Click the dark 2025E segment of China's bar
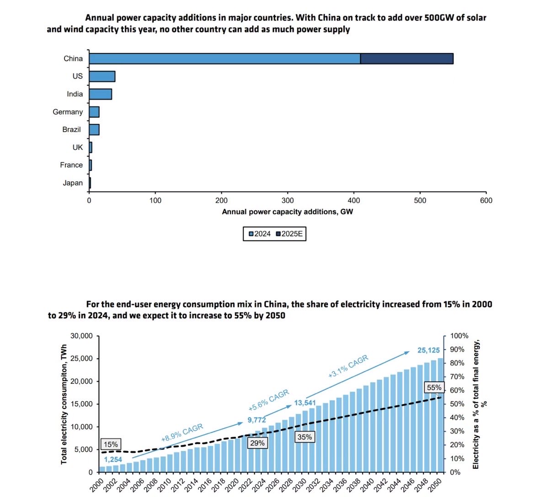(406, 58)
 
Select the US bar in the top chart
(102, 76)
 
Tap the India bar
(100, 94)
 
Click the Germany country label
(68, 112)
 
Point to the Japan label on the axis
(73, 183)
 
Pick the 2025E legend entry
(289, 234)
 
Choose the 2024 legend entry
(260, 234)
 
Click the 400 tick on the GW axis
(354, 201)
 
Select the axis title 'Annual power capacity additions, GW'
(287, 212)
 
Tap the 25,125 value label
(428, 350)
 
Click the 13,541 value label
(305, 403)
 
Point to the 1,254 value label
(113, 460)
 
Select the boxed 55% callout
(434, 388)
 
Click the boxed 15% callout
(111, 444)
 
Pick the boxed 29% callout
(257, 443)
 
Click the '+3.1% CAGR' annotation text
(348, 366)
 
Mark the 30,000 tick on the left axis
(81, 336)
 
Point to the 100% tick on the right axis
(459, 336)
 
